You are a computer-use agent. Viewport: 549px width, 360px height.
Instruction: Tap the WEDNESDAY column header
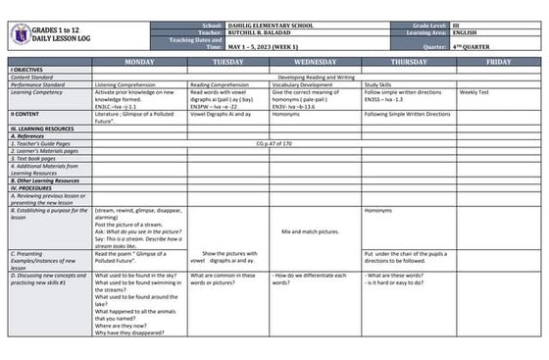316,62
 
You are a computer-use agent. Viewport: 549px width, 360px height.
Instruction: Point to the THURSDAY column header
408,62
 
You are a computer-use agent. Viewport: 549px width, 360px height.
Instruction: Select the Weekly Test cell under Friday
474,91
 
